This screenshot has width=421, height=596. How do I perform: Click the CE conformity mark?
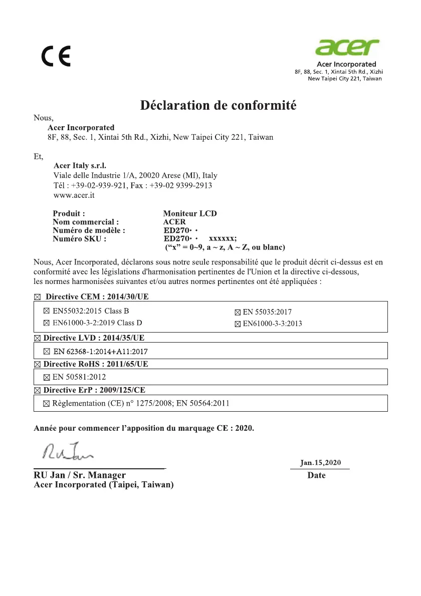56,56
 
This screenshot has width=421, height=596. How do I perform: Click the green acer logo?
347,49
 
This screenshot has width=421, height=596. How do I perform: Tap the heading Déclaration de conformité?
218,106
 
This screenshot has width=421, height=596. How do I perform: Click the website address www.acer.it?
74,195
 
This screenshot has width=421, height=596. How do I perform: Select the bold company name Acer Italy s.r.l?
80,166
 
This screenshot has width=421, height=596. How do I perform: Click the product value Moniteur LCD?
190,213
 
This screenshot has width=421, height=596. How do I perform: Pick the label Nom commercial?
86,222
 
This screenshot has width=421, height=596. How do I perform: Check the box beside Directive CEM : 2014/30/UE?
37,297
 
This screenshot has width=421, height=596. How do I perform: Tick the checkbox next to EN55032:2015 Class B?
47,312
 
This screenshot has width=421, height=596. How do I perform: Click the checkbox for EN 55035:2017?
238,313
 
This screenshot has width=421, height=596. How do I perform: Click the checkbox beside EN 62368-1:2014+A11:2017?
47,351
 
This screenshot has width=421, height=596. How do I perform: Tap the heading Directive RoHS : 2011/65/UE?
95,364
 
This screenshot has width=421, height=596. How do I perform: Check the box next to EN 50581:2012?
47,377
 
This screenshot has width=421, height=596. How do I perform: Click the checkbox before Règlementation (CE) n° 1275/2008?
47,403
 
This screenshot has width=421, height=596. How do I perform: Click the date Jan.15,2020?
320,463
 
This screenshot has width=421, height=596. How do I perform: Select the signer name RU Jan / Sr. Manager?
80,475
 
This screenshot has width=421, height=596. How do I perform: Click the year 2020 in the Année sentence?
245,429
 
